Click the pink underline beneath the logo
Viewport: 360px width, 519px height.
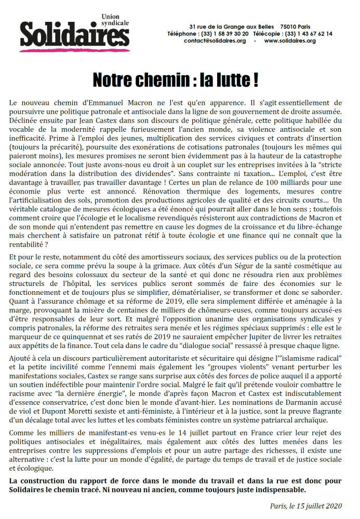point(73,49)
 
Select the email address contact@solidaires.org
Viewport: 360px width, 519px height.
point(215,40)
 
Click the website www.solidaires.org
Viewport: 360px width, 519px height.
point(289,40)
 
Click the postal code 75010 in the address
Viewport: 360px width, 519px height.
point(288,26)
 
